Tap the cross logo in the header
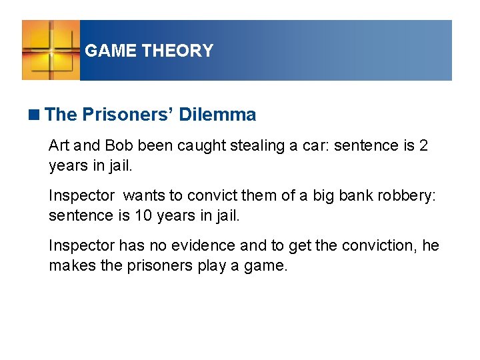(51, 51)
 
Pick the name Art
(58, 146)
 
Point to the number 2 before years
(423, 146)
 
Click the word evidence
(204, 246)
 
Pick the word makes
(69, 265)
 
